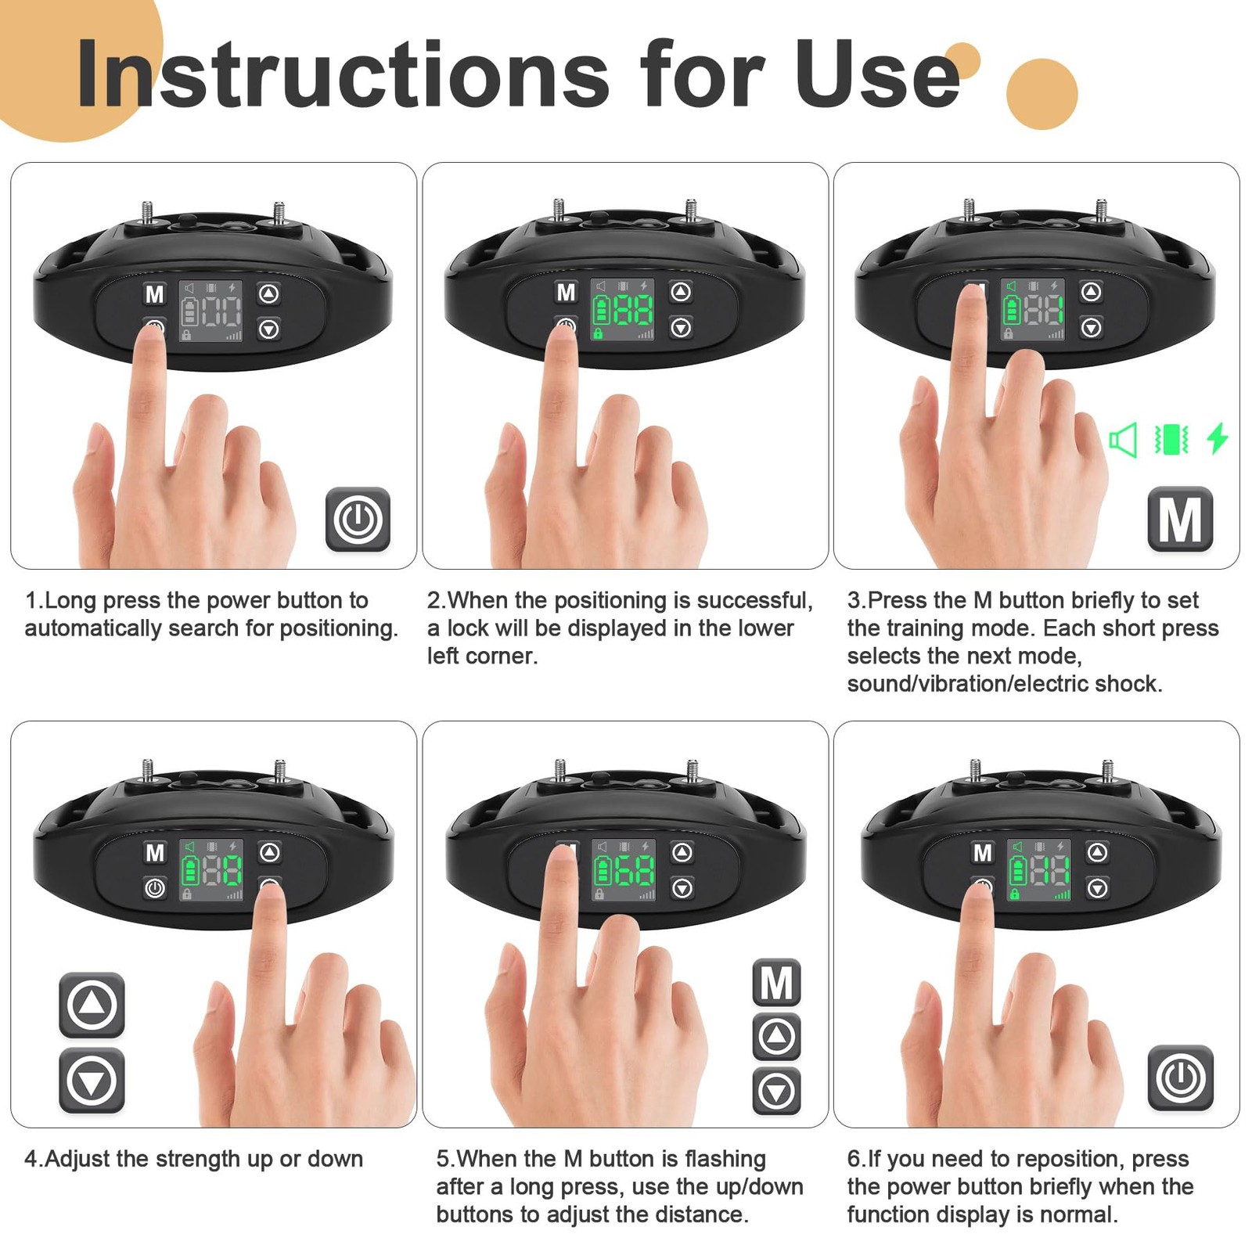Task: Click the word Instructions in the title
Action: [343, 74]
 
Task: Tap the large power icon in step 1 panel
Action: [358, 519]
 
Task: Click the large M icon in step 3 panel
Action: [1180, 519]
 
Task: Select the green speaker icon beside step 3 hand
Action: [1124, 440]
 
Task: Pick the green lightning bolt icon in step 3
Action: [1218, 438]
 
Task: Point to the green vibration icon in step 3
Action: [1171, 439]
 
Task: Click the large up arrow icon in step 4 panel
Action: [92, 1005]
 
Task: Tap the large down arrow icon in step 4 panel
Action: [92, 1081]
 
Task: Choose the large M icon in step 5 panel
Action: [776, 982]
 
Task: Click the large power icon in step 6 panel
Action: [1181, 1078]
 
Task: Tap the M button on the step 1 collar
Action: [155, 294]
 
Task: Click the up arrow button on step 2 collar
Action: [681, 292]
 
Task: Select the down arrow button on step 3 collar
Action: [1092, 327]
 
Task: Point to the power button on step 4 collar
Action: [155, 888]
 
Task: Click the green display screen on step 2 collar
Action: [623, 310]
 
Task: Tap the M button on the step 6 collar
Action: [982, 852]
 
